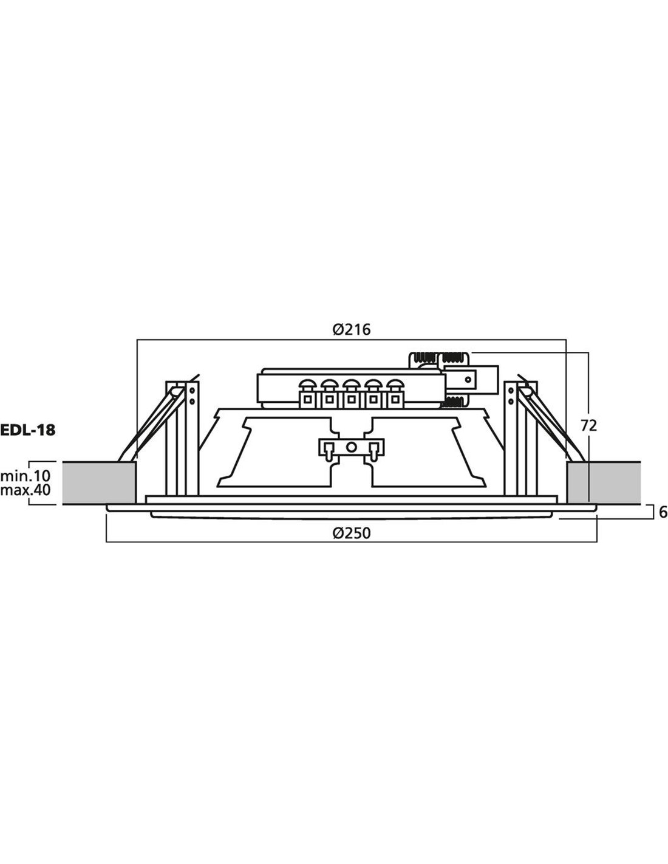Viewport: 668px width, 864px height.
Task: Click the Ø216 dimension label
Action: tap(351, 329)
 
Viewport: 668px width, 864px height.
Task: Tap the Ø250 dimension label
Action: tap(351, 533)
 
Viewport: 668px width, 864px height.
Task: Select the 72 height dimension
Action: tap(588, 426)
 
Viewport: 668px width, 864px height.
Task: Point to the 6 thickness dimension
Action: tap(663, 513)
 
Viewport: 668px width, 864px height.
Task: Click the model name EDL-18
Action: tap(28, 430)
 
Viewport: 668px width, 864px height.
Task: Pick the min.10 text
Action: tap(26, 475)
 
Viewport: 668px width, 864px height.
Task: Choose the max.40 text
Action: tap(26, 490)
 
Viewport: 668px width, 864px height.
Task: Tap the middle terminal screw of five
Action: tap(350, 385)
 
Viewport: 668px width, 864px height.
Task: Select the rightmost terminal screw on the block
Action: tap(395, 385)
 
